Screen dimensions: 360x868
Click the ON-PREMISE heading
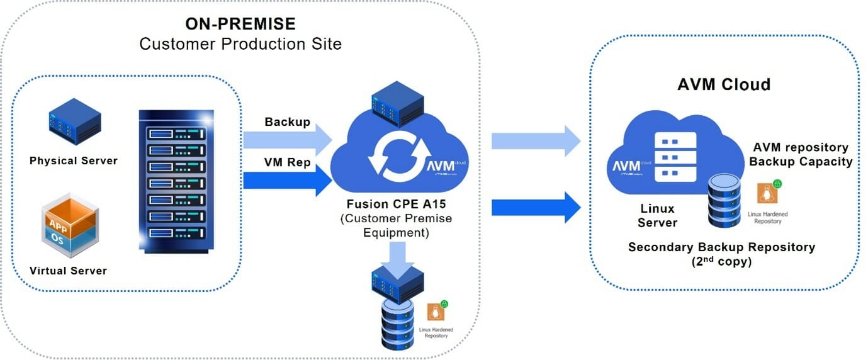point(240,24)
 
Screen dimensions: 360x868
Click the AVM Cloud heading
point(724,84)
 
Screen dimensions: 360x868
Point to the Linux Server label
point(657,215)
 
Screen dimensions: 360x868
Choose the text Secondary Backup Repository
point(721,247)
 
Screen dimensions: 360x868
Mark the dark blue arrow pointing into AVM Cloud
point(535,207)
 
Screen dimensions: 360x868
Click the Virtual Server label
point(68,271)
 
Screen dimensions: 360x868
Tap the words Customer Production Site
point(240,44)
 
